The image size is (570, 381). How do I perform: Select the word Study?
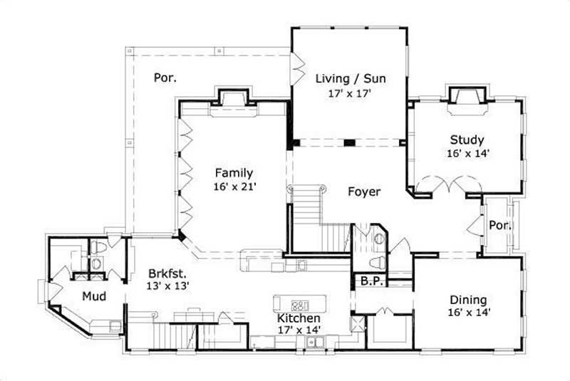[467, 140]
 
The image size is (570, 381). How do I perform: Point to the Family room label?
[234, 172]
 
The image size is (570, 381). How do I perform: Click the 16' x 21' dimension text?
[234, 187]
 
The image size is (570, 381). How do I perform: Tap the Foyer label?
[363, 192]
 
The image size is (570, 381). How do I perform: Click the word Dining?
[467, 299]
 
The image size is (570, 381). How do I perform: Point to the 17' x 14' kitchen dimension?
[299, 329]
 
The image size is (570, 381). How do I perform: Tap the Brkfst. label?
[168, 272]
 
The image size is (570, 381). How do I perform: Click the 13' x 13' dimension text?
[168, 285]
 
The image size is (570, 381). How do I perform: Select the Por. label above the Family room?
[165, 77]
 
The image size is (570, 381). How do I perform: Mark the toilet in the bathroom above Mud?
[98, 247]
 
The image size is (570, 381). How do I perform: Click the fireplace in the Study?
[466, 99]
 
